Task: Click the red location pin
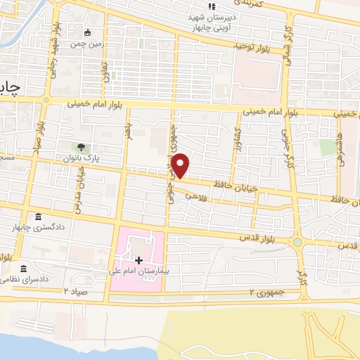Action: pos(181,165)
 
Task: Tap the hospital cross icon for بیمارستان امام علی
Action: pos(139,261)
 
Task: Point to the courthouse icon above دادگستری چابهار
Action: pos(37,217)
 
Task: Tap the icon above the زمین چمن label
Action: pos(87,32)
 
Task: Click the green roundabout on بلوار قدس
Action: pos(299,243)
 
